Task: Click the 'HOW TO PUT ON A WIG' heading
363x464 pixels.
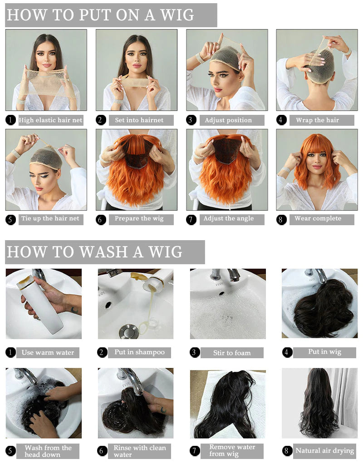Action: coord(100,15)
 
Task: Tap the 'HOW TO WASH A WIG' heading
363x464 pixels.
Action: coord(94,252)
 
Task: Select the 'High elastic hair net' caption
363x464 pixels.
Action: coord(50,120)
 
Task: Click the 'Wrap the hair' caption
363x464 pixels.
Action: coord(318,120)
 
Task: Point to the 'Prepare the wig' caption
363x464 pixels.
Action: coord(139,219)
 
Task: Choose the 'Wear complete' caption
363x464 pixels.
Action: coord(318,219)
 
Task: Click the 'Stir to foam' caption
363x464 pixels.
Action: coord(232,353)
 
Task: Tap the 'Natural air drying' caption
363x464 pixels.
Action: coord(324,451)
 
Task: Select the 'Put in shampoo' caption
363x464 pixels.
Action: coord(139,352)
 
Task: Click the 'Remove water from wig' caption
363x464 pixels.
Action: coord(232,450)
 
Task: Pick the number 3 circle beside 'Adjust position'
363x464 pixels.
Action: coord(191,120)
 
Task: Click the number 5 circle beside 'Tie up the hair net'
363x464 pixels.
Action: coord(10,219)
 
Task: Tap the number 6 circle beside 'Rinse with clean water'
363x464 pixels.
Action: coord(102,451)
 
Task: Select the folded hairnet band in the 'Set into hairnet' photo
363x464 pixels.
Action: coord(136,82)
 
